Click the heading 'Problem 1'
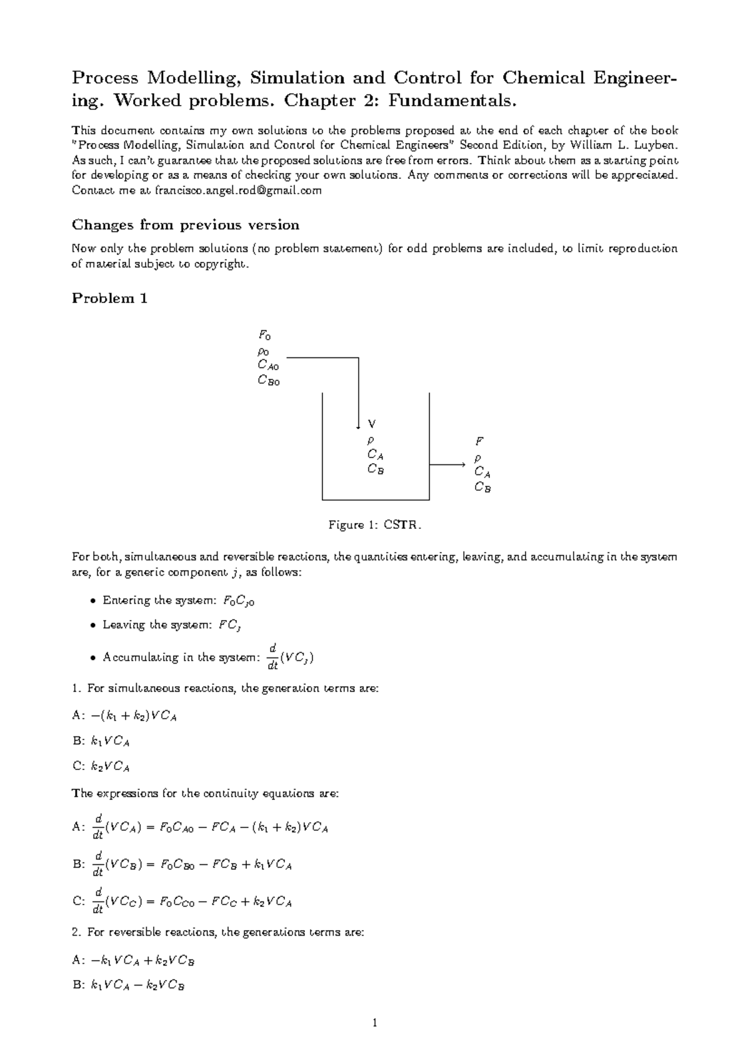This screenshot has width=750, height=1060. click(109, 298)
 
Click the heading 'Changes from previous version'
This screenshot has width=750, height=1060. click(185, 225)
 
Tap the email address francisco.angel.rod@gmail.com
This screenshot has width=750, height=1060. click(237, 191)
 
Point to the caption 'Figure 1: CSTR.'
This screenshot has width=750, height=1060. click(375, 525)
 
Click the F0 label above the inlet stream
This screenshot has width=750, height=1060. click(265, 336)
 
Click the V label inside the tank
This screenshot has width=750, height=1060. click(372, 424)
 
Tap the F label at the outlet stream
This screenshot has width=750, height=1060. click(479, 441)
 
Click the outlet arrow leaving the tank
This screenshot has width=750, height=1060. click(447, 465)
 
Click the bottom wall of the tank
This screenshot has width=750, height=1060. click(375, 500)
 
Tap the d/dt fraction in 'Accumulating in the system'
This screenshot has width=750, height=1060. click(272, 657)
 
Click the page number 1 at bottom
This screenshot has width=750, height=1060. click(374, 1024)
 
